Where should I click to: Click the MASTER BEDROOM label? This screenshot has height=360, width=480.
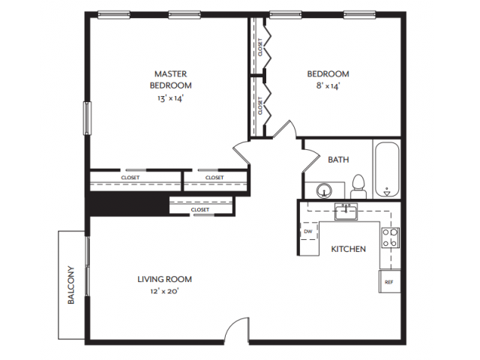[170, 79]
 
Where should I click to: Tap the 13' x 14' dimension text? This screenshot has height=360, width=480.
[170, 98]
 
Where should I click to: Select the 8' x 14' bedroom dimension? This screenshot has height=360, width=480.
[328, 86]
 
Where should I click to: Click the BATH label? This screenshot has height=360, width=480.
[338, 159]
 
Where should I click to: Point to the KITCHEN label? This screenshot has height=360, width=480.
[349, 249]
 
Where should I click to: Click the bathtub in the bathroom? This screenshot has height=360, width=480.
[387, 169]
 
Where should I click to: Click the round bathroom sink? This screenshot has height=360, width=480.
[323, 190]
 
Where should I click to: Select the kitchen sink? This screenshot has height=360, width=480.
[346, 211]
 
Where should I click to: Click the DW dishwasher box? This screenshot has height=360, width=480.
[307, 232]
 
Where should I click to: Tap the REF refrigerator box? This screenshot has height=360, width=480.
[388, 281]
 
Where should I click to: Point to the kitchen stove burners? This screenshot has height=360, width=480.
[390, 238]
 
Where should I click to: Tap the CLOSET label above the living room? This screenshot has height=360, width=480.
[199, 209]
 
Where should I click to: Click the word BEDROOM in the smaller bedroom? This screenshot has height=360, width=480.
[328, 73]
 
